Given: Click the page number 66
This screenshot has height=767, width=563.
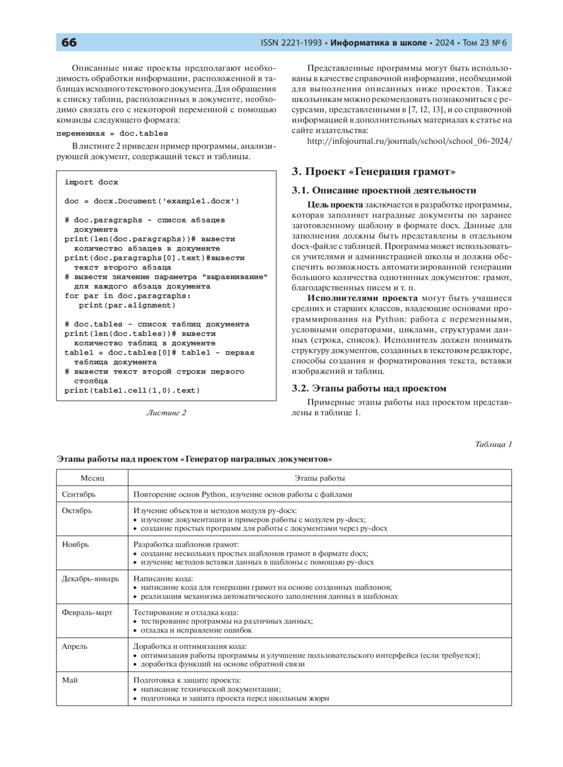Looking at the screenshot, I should [x=69, y=43].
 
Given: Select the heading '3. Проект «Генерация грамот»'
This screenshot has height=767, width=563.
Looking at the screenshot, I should [x=373, y=171].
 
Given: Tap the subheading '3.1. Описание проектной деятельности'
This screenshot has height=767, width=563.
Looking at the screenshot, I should [x=384, y=190].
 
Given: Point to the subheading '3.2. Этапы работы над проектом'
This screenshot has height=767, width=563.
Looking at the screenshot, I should [x=369, y=388].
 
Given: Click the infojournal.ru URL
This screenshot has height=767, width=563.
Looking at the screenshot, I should [x=409, y=141].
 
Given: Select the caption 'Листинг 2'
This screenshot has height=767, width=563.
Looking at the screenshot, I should [x=166, y=413].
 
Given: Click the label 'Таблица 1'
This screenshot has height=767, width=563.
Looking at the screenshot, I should [x=493, y=444].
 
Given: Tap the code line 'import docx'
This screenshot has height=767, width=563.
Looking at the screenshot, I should [x=91, y=182].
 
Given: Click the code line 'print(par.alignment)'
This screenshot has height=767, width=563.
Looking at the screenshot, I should [x=127, y=305].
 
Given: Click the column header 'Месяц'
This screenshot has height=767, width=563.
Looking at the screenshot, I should [x=92, y=478].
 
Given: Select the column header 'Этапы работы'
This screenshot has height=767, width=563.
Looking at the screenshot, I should [x=320, y=478].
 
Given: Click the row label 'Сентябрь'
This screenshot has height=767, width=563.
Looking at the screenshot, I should [x=79, y=494].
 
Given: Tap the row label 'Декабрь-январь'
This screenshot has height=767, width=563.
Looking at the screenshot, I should [x=91, y=579].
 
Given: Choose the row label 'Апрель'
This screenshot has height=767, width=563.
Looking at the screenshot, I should [x=75, y=647].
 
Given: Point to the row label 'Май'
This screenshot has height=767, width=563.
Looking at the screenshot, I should [x=70, y=680].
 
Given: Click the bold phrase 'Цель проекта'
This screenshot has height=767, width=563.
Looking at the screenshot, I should [x=335, y=205].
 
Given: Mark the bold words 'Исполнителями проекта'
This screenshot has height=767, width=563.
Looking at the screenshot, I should [x=362, y=298].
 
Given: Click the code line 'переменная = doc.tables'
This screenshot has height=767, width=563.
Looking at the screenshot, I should [x=112, y=134].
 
